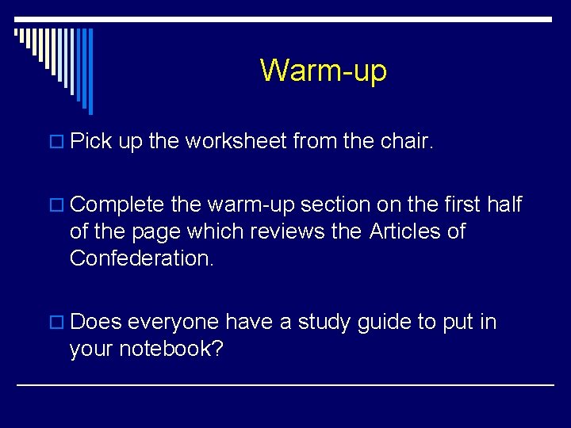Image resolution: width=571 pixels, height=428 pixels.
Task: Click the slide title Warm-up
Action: (x=323, y=71)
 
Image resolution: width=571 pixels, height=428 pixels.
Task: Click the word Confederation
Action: (x=142, y=258)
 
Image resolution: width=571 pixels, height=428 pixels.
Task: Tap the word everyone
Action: (x=173, y=323)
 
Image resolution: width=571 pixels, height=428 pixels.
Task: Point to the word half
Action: (x=504, y=205)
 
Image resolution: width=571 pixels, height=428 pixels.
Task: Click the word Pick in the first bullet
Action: (x=90, y=142)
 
